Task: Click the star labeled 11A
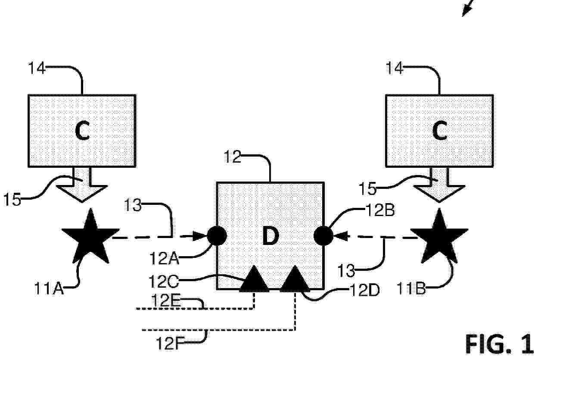pos(90,238)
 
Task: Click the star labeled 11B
pos(439,238)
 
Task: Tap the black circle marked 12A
pos(217,235)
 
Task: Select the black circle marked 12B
pos(323,235)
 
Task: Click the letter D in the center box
pos(271,236)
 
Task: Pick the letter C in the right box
pos(440,131)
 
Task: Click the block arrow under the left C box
pos(82,185)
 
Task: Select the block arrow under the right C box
pos(439,185)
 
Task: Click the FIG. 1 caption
pos(499,344)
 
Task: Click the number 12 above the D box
pos(233,157)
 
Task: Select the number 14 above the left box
pos(37,68)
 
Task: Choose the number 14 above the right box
pos(395,68)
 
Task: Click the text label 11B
pos(411,289)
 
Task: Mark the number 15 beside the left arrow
pos(12,199)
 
